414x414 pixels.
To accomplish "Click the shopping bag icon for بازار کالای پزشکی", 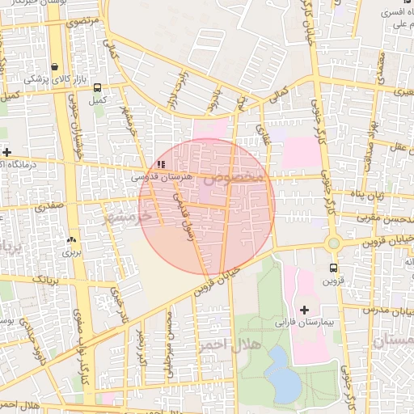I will pyautogui.click(x=54, y=67).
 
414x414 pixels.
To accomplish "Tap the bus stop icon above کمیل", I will pyautogui.click(x=98, y=87).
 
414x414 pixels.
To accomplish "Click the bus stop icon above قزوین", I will pyautogui.click(x=333, y=268).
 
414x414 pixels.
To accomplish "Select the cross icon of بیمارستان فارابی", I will pyautogui.click(x=304, y=310).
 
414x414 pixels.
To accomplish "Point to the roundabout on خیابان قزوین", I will pyautogui.click(x=333, y=243).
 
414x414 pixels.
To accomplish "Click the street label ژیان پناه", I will pyautogui.click(x=377, y=196).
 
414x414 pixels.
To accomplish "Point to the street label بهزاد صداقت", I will pyautogui.click(x=373, y=129).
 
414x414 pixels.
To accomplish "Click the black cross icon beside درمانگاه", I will pyautogui.click(x=6, y=152).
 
